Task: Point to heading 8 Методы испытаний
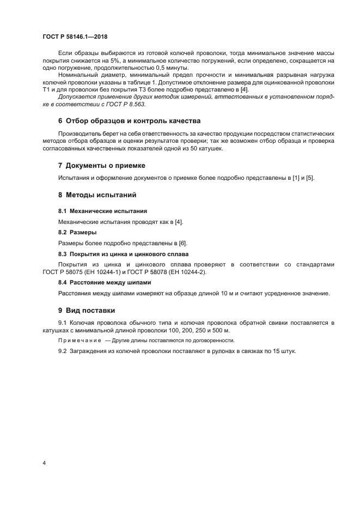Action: (97, 195)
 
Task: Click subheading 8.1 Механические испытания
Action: (102, 210)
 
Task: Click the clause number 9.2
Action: (63, 352)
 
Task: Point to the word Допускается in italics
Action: (77, 95)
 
